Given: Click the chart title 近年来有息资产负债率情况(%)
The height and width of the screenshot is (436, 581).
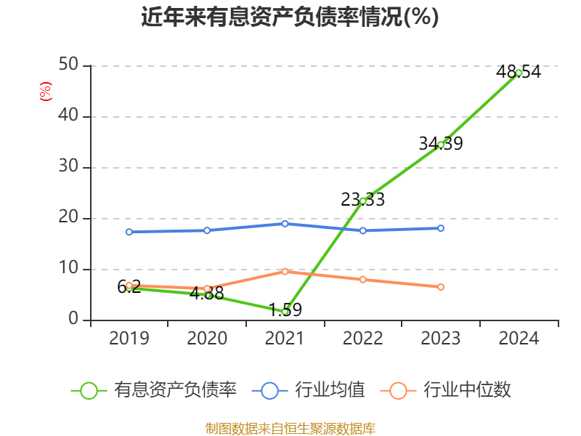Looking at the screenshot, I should pos(290,17).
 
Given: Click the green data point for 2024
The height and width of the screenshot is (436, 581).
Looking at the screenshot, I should pos(519,73).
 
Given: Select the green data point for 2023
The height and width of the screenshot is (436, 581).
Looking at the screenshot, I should pos(441,145).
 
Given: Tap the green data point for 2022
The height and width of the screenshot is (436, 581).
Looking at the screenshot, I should pos(363,201).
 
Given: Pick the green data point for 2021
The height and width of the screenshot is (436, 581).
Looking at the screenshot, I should pos(285,312).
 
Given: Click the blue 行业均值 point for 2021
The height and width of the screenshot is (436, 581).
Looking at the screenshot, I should pos(285,224).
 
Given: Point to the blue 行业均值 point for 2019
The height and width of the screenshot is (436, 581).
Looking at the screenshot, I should pos(129,233).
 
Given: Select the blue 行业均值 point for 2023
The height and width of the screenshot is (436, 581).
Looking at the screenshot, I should pos(441,228).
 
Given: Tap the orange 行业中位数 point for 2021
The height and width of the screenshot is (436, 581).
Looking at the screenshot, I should pos(285,272).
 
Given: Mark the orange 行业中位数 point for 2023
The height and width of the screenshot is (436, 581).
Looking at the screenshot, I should pos(441,287).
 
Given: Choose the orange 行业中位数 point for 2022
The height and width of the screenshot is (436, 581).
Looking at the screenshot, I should pos(363,280).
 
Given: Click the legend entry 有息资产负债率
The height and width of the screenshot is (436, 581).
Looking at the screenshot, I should pos(154,390).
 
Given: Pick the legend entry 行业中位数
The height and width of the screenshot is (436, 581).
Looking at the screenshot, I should pos(446,390).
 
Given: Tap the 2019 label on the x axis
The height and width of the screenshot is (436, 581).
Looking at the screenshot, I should pos(129,339).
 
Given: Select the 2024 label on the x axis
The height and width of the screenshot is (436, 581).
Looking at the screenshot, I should pos(519,339).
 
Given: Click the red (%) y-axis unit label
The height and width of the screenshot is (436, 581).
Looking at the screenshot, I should pos(46,92).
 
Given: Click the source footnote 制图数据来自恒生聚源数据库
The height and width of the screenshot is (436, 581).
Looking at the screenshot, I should pos(290,428).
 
